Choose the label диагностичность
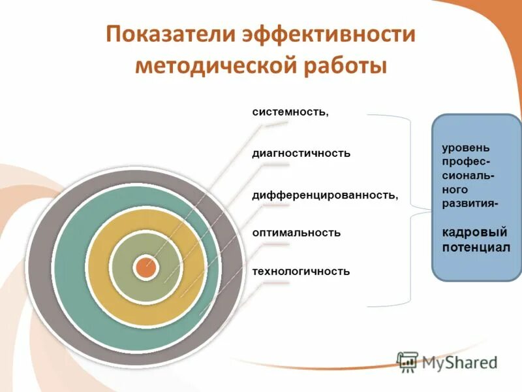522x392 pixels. coord(301,154)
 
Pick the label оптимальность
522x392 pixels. coord(296,233)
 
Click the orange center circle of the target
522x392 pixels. coord(146,267)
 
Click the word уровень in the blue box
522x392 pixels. coord(465,148)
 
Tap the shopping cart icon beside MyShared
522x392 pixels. coord(408,361)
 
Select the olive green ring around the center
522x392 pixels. coord(124,267)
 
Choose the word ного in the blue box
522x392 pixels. coord(455,190)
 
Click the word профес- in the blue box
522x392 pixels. coord(467,161)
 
